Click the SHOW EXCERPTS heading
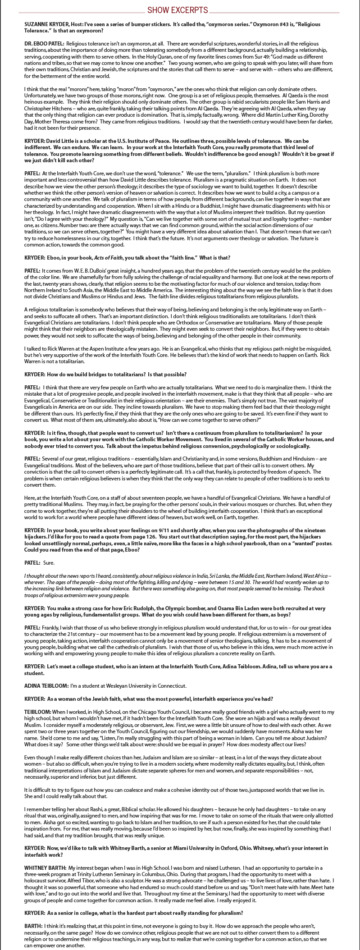[178, 10]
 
